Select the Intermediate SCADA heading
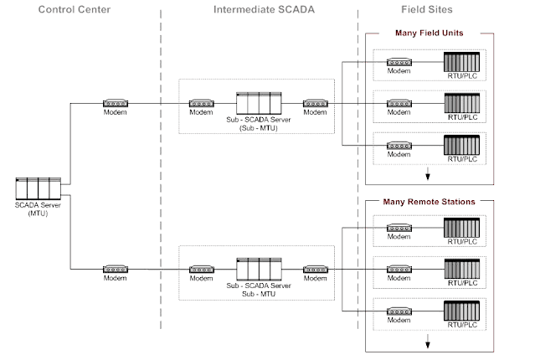(x=258, y=10)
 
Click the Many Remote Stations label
(x=429, y=202)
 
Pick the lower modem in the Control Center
(x=116, y=269)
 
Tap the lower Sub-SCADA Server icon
(x=260, y=269)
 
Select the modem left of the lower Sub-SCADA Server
(x=201, y=269)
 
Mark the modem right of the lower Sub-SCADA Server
(x=316, y=269)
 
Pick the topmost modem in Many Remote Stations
(x=399, y=228)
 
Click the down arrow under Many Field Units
(x=429, y=173)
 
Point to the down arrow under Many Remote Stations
(x=429, y=340)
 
